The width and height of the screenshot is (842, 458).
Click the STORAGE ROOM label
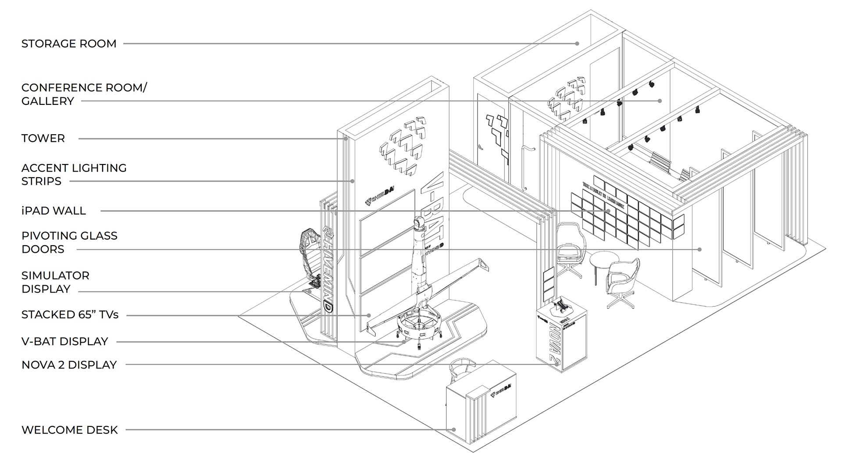[69, 44]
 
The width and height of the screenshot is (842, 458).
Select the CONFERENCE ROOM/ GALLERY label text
[84, 94]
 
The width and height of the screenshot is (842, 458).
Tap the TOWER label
[43, 139]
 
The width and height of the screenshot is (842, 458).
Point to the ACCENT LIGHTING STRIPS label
[74, 175]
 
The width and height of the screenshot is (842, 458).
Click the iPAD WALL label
[54, 211]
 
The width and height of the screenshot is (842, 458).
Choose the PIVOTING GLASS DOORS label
[69, 242]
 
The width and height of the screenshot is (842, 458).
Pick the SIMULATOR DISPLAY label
[55, 282]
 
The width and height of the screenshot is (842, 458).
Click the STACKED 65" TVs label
[70, 315]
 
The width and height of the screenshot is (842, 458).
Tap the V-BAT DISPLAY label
[64, 342]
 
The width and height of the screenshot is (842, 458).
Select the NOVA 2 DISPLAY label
[69, 365]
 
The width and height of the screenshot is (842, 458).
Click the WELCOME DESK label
[70, 430]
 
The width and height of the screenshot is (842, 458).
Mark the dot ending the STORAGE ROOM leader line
[577, 43]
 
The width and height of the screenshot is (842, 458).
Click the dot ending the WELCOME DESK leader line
[454, 430]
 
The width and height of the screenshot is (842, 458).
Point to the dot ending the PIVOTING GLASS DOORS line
[699, 250]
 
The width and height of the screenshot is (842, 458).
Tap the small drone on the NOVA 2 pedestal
[560, 305]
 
